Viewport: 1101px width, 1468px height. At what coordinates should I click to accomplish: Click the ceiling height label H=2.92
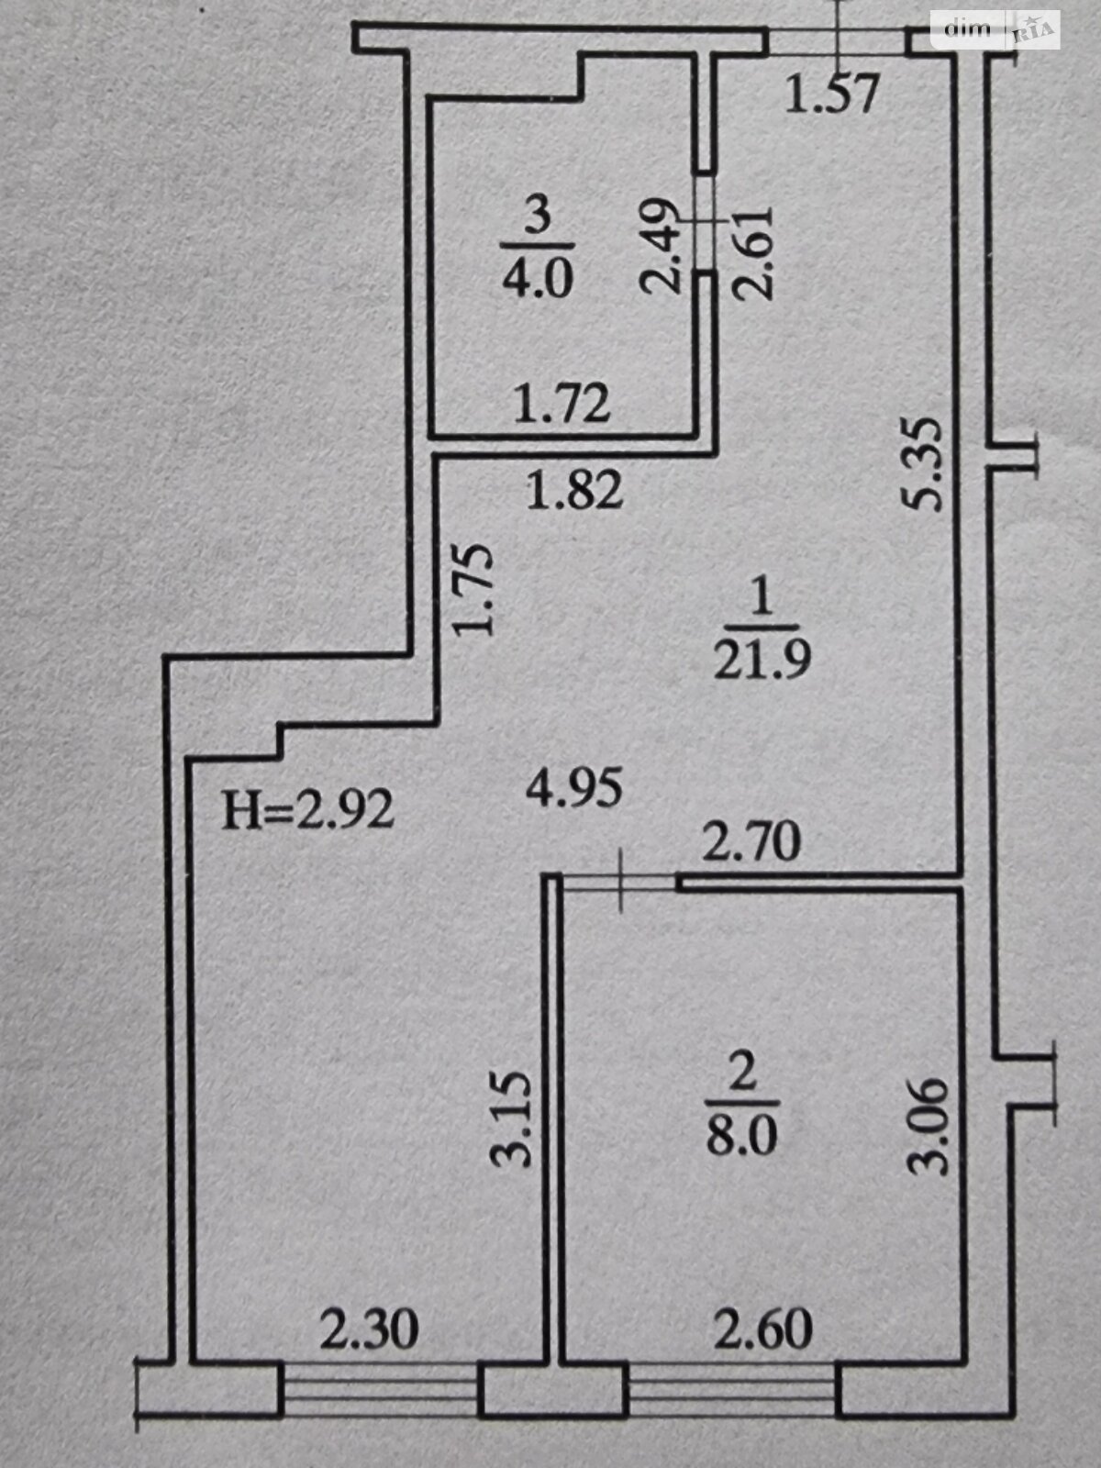coord(308,811)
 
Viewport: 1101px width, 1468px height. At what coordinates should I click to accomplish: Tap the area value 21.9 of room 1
coord(762,658)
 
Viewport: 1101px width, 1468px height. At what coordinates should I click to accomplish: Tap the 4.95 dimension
coord(574,788)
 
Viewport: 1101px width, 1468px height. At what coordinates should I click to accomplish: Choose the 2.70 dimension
coord(751,841)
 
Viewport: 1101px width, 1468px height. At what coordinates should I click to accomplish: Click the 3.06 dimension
coord(926,1126)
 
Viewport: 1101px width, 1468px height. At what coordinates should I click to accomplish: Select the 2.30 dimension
coord(369,1329)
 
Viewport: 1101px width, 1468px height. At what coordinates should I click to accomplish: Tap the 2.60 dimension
coord(763,1329)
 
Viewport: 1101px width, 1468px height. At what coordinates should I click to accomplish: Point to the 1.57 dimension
coord(833,94)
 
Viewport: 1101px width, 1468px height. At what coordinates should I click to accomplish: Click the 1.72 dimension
coord(562,405)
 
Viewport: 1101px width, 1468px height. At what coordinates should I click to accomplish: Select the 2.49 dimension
coord(661,246)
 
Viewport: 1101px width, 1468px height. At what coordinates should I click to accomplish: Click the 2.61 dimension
coord(753,252)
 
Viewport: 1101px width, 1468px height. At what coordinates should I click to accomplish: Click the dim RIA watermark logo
coord(995,29)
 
